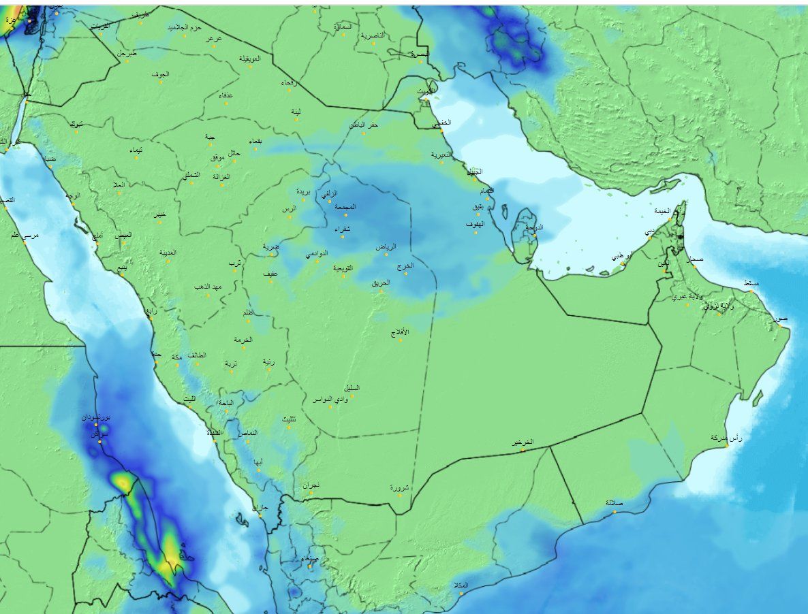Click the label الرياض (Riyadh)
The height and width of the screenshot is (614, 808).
[x=386, y=247]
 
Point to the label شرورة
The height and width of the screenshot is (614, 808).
[x=400, y=487]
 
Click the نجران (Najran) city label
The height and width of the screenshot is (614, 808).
[x=311, y=485]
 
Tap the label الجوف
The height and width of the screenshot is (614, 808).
[x=160, y=74]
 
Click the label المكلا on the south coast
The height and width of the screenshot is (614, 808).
[x=461, y=585]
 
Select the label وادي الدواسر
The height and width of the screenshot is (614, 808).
[x=330, y=399]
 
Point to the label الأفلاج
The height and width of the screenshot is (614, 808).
[x=400, y=332]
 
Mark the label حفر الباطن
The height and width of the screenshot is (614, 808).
[x=364, y=125]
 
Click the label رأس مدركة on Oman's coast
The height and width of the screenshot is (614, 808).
[x=726, y=438]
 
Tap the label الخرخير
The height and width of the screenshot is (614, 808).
[x=523, y=442]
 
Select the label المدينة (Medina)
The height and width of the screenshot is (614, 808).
[x=168, y=252]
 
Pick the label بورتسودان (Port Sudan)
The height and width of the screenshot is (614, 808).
[x=96, y=416]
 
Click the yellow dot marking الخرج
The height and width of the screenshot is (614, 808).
[x=406, y=274]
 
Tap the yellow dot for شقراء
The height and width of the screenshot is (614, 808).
[x=343, y=236]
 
